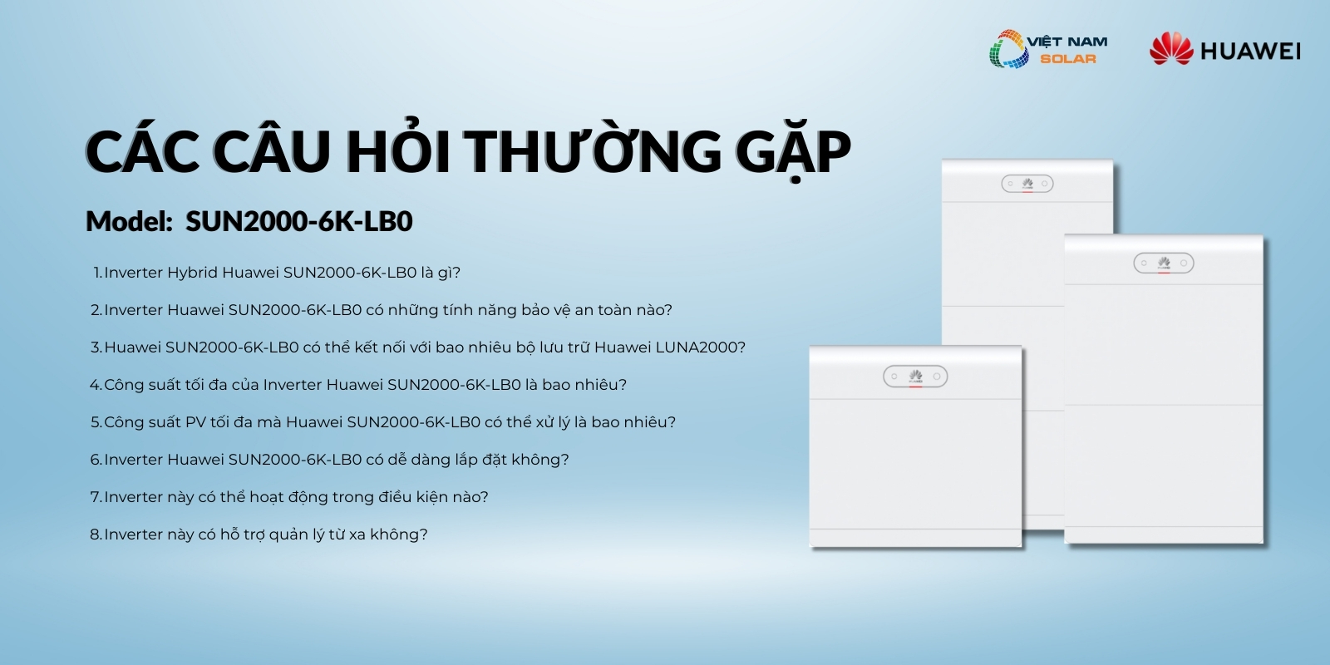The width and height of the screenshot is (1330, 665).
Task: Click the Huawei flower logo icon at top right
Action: (x=1171, y=48)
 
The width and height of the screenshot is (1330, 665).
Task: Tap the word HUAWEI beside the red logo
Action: (x=1250, y=51)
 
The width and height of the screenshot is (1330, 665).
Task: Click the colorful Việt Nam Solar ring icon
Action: (x=1009, y=49)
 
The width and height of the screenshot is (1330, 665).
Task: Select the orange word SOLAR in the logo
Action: (x=1068, y=59)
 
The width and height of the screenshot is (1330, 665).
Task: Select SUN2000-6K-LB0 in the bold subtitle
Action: (x=298, y=221)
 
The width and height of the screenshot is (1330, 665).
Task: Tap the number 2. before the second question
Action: (x=96, y=310)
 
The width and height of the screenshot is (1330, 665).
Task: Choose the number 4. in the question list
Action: (x=96, y=385)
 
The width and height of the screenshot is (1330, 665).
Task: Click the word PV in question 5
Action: (x=195, y=422)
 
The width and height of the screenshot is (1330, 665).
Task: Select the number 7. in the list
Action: (x=96, y=497)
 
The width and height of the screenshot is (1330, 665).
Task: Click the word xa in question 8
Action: (x=357, y=535)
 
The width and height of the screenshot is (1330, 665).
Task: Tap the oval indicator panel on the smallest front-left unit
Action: (x=915, y=377)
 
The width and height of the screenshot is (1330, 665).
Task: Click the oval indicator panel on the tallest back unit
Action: (x=1027, y=184)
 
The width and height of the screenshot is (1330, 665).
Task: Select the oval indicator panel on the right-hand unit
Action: (x=1163, y=263)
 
